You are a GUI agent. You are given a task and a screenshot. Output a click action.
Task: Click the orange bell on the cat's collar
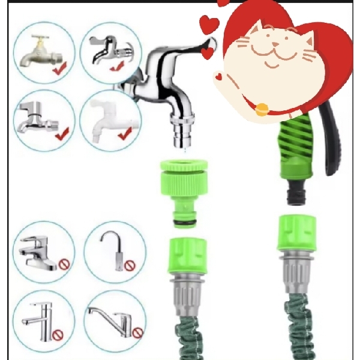click(262, 109)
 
